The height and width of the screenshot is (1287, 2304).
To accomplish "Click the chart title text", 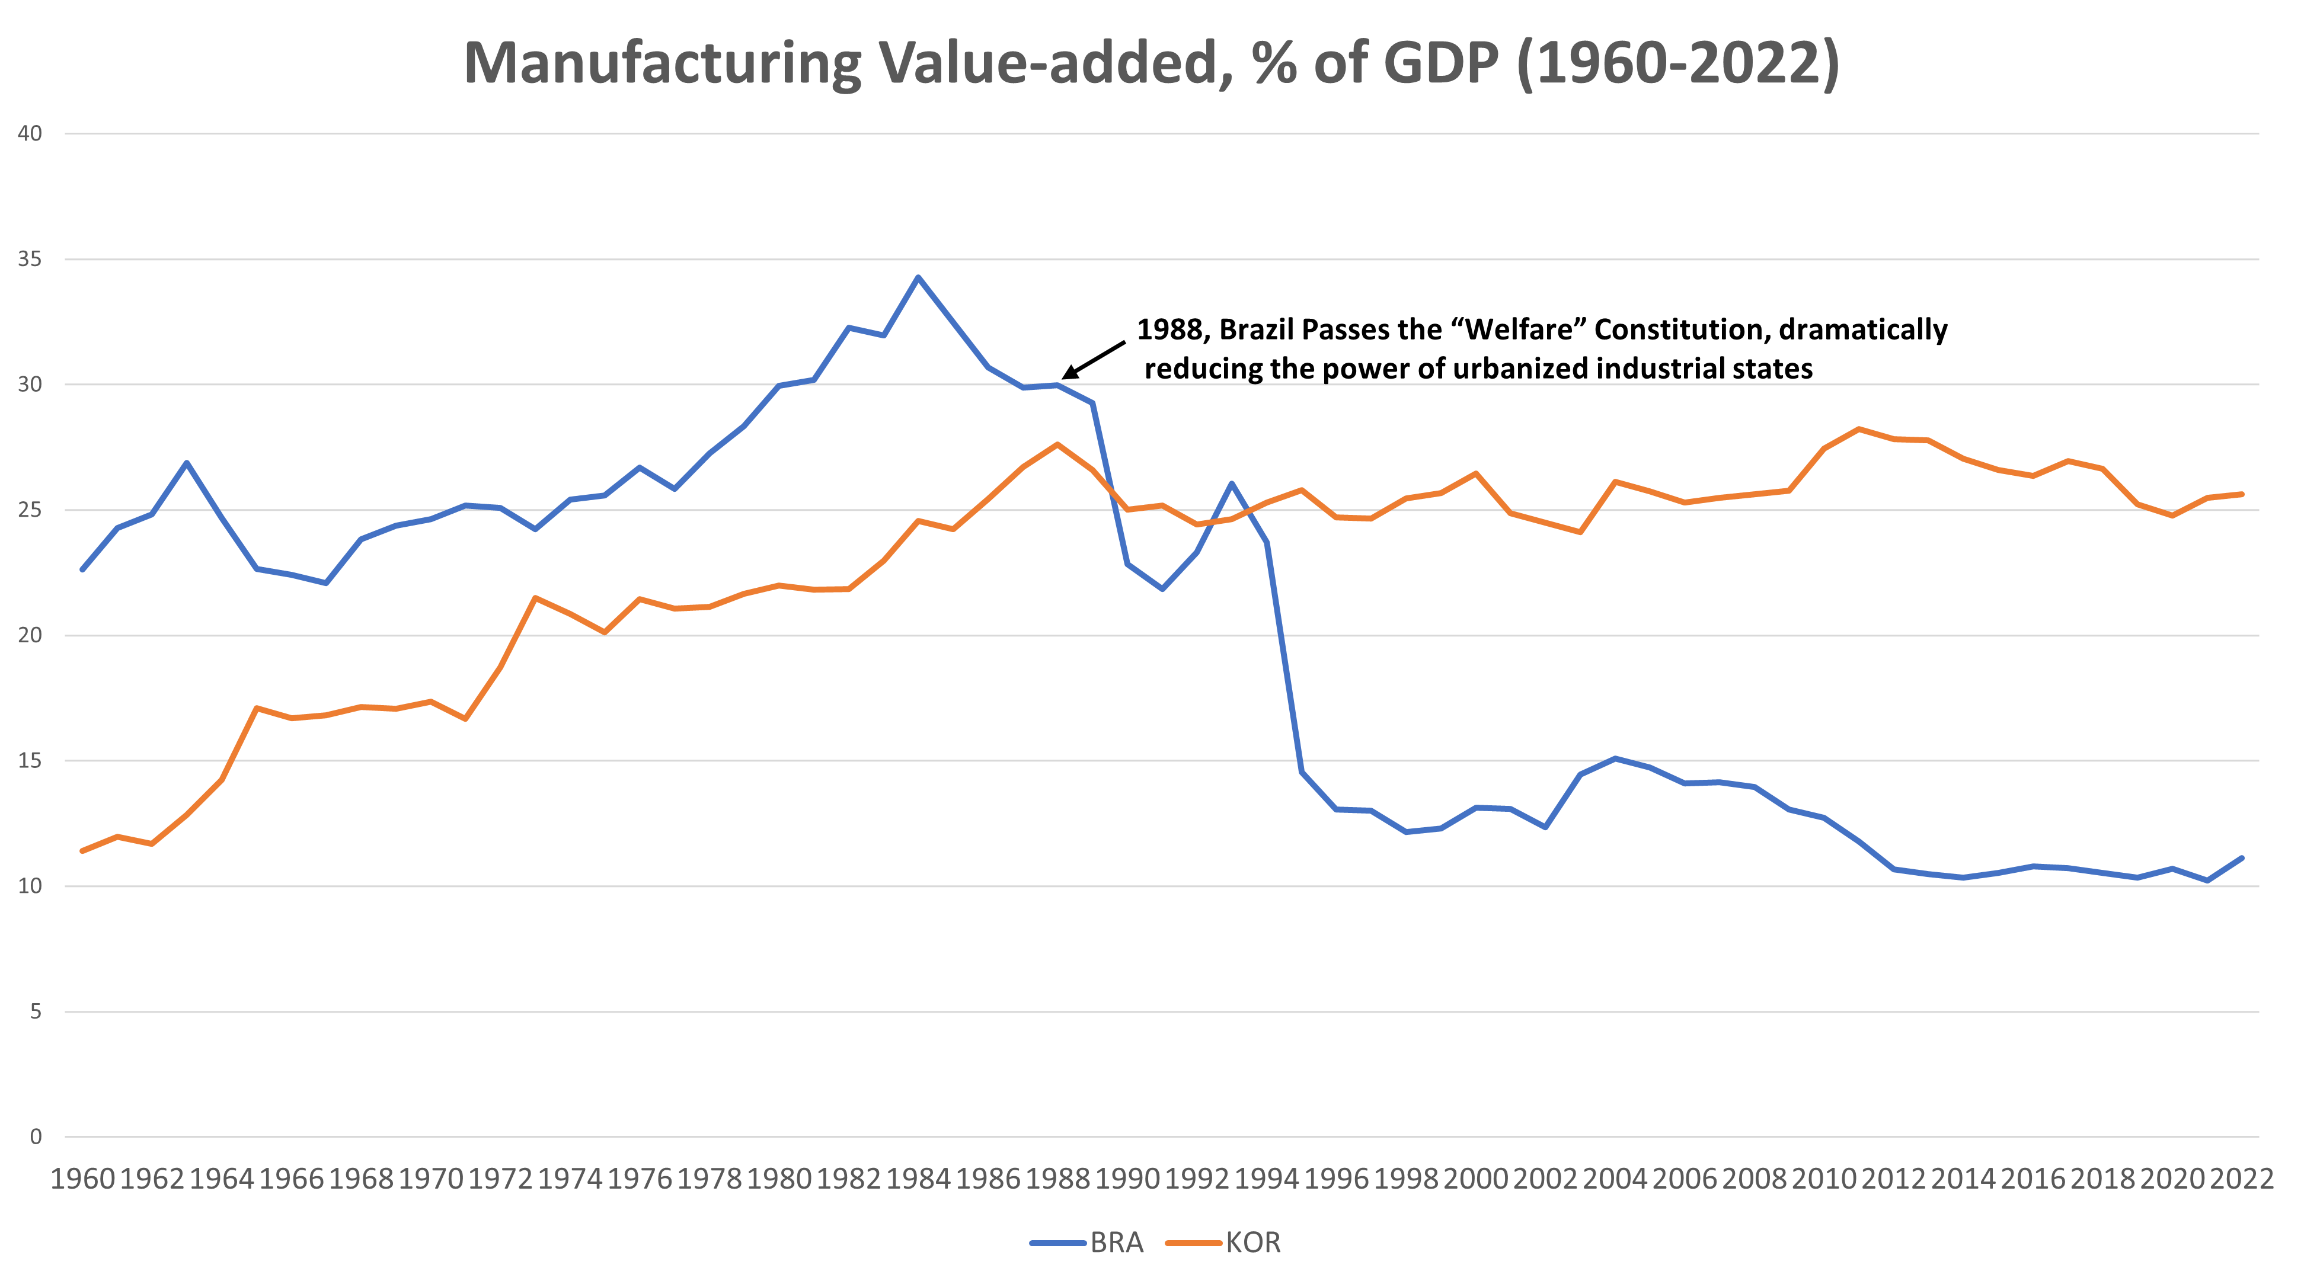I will (x=1151, y=65).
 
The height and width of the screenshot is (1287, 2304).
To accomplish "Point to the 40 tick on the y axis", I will (x=30, y=134).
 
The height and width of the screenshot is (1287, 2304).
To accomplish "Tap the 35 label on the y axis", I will (x=30, y=260).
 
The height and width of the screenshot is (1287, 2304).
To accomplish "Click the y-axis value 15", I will (x=30, y=761).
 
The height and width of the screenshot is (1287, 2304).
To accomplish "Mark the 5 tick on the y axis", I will (x=36, y=1011).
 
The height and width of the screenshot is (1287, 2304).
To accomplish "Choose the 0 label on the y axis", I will (x=36, y=1136).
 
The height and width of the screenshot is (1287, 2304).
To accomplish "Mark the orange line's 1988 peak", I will (x=1057, y=444).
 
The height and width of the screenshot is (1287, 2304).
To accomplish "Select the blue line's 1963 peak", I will (x=187, y=462).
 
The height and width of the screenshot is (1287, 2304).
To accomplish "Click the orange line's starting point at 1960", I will (x=82, y=850).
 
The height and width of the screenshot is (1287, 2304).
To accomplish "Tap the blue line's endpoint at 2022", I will (x=2241, y=857).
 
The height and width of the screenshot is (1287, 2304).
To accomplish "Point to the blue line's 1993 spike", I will (x=1232, y=483).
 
